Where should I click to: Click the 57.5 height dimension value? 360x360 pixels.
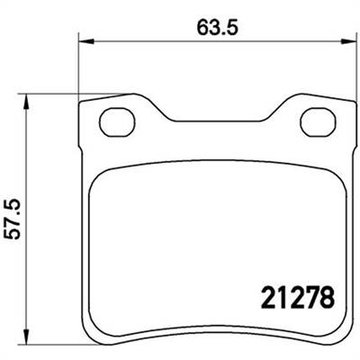[x=13, y=219]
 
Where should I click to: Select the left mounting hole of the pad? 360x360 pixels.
[x=117, y=122]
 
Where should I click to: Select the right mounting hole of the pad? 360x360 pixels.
[x=319, y=122]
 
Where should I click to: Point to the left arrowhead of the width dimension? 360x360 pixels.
[x=86, y=42]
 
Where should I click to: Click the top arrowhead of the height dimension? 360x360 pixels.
[x=26, y=102]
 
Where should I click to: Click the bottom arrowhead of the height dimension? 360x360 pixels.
[x=26, y=336]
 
